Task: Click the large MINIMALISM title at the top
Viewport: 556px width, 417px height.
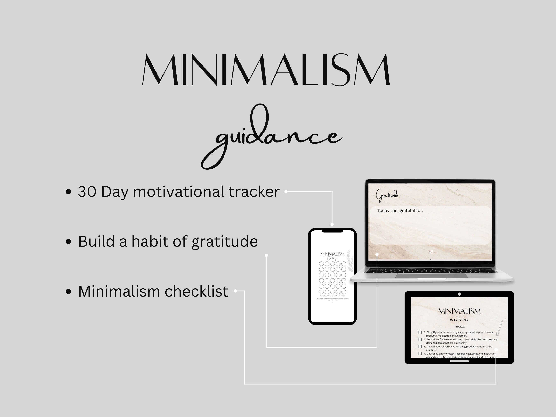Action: click(266, 69)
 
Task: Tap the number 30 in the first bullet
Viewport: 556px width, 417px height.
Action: click(87, 192)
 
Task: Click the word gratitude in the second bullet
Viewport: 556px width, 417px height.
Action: click(224, 242)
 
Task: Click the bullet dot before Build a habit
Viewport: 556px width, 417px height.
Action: click(68, 242)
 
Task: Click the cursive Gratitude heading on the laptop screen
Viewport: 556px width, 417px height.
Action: click(387, 195)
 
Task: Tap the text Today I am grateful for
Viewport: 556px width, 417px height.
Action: click(400, 211)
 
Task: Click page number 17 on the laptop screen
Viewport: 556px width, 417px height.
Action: click(431, 252)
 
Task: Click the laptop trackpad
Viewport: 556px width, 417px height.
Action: click(431, 276)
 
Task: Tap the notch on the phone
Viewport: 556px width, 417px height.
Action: click(332, 231)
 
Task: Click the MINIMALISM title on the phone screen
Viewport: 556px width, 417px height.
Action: click(332, 254)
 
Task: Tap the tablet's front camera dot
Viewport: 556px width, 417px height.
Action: click(459, 294)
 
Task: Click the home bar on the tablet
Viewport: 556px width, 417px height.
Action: click(459, 361)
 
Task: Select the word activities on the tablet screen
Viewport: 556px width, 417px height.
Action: click(459, 319)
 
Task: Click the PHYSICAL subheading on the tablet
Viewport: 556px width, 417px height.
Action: click(460, 327)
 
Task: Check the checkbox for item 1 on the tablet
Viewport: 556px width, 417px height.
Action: click(420, 332)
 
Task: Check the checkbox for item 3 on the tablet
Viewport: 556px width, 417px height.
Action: click(420, 346)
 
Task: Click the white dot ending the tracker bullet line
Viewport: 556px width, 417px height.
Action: click(286, 192)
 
